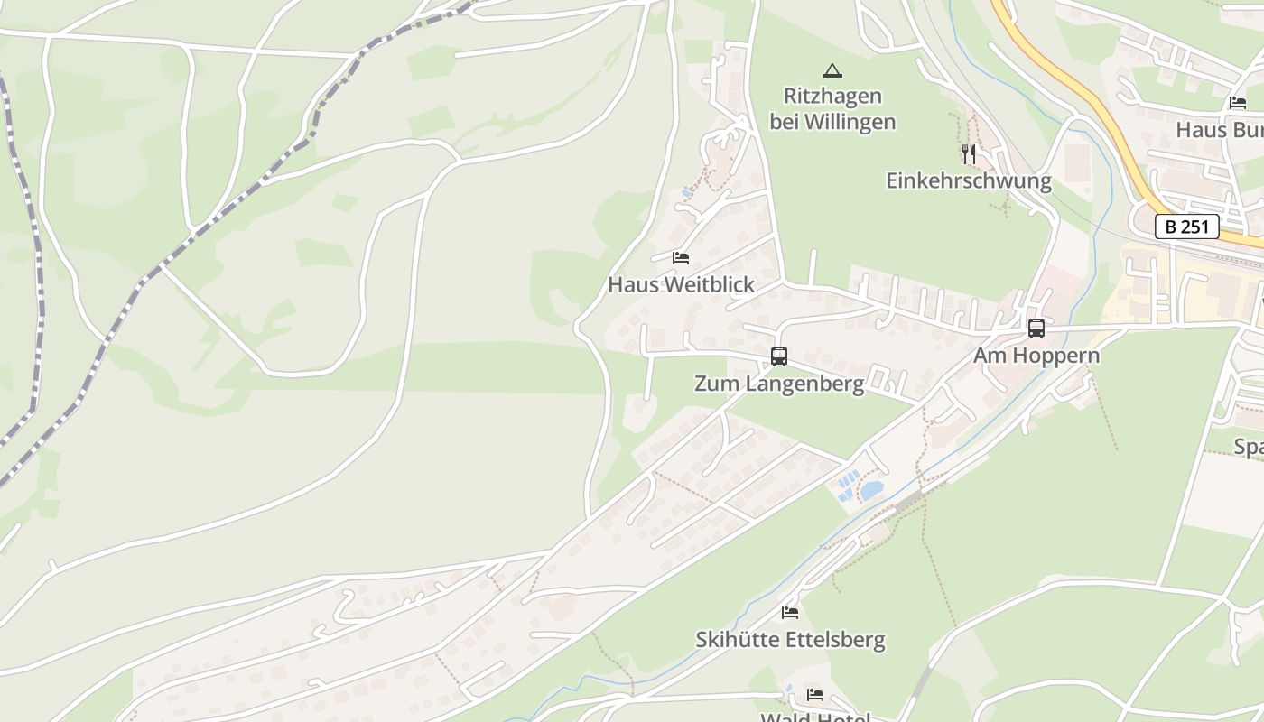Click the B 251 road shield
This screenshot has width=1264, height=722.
[1186, 227]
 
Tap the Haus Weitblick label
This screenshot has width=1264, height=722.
[681, 284]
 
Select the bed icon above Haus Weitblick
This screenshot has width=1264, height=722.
[681, 258]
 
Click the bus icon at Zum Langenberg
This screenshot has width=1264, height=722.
[779, 356]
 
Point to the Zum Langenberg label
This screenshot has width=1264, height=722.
[778, 384]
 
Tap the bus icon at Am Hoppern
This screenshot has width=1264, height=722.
[1036, 329]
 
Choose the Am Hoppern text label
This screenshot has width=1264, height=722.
[1036, 355]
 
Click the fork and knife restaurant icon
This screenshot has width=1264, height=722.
[969, 154]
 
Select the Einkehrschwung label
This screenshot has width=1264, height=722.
[969, 180]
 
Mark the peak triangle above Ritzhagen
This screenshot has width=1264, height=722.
[832, 70]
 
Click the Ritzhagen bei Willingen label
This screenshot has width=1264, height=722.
[832, 108]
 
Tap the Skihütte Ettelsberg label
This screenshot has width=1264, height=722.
[790, 640]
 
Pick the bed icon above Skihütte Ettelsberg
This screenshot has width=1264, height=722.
[790, 613]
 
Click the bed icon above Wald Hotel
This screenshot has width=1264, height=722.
[815, 695]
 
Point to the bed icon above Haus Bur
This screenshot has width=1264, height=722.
[1238, 103]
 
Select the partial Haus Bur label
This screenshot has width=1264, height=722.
[1219, 130]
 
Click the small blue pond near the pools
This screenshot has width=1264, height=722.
[871, 491]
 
